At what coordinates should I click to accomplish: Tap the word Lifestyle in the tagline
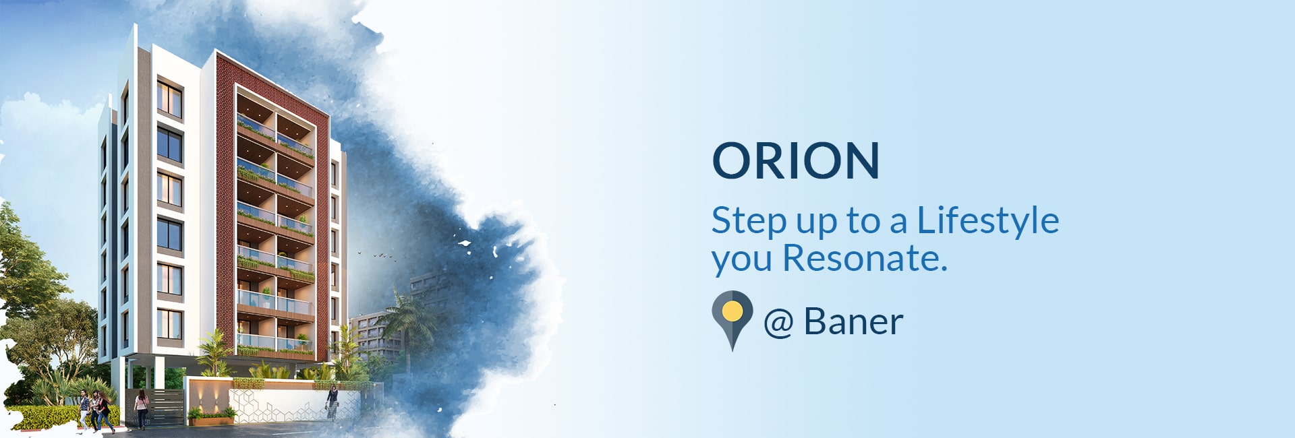pos(988,220)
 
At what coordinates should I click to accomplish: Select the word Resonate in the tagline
pos(865,259)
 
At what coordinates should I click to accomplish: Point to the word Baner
pos(853,321)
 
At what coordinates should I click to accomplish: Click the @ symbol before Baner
pos(778,323)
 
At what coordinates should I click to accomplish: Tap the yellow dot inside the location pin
pos(732,311)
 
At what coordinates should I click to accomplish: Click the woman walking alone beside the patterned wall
pos(333,403)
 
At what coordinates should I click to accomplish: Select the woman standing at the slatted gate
pos(141,410)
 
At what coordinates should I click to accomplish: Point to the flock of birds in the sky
pos(378,255)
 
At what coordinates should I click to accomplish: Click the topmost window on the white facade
pos(169,100)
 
